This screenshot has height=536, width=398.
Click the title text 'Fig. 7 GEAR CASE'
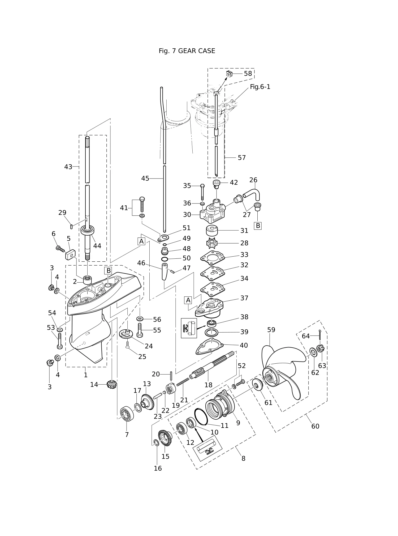pos(187,51)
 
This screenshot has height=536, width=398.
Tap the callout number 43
pos(68,167)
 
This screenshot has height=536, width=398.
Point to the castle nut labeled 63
pos(321,348)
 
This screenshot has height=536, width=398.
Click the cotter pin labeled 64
pos(321,335)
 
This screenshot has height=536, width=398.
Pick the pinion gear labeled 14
pos(112,384)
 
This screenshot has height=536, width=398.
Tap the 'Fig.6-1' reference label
pos(260,87)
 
